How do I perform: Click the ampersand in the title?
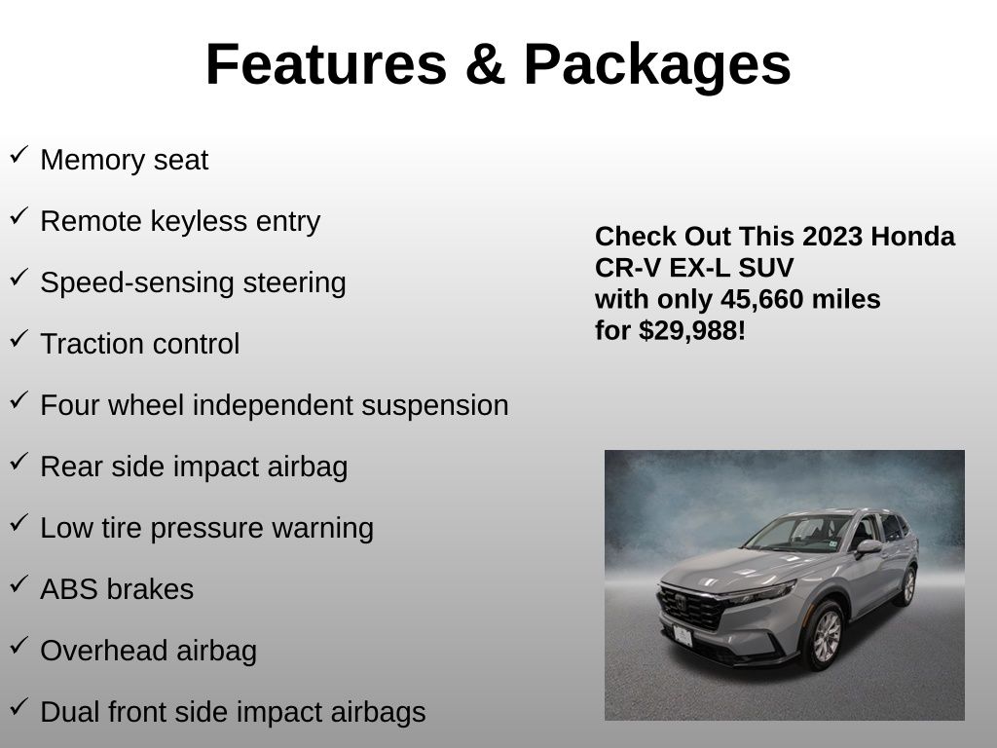pyautogui.click(x=485, y=64)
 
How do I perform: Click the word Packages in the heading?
pyautogui.click(x=657, y=66)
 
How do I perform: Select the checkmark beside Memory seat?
pyautogui.click(x=19, y=155)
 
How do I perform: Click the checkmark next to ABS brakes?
pyautogui.click(x=19, y=584)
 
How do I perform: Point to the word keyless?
pyautogui.click(x=199, y=221)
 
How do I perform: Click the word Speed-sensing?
pyautogui.click(x=138, y=283)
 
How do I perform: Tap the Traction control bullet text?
pyautogui.click(x=140, y=344)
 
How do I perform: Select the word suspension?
pyautogui.click(x=435, y=406)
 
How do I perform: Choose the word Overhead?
pyautogui.click(x=103, y=651)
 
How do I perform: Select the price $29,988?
pyautogui.click(x=692, y=331)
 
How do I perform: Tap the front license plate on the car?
pyautogui.click(x=683, y=636)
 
